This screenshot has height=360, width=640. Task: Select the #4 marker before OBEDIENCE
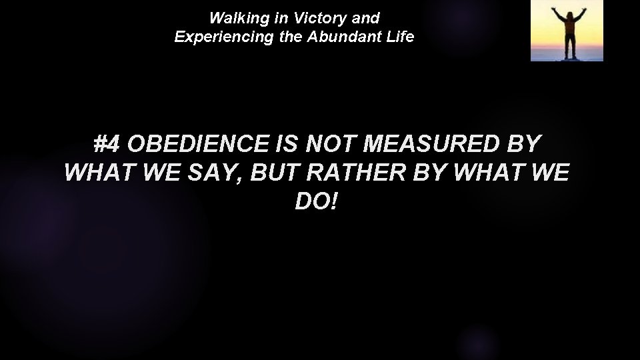point(107,144)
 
